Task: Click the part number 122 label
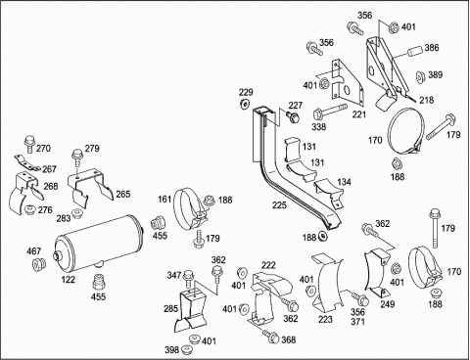coord(69,279)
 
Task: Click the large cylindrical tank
coord(99,243)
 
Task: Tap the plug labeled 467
coord(39,263)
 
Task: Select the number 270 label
coord(43,148)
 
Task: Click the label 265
coord(123,194)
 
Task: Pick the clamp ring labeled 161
coord(189,208)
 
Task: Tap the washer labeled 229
coord(244,104)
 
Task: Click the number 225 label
coord(279,204)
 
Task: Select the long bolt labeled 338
coord(330,111)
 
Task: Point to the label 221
coord(359,114)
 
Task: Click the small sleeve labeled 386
coord(414,52)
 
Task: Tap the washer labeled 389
coord(420,76)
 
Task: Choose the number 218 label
coord(427,100)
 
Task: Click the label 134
coord(344,181)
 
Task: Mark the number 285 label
coord(170,308)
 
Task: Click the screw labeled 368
coord(270,336)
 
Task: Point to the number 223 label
coord(325,319)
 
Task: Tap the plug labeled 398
coord(187,349)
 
